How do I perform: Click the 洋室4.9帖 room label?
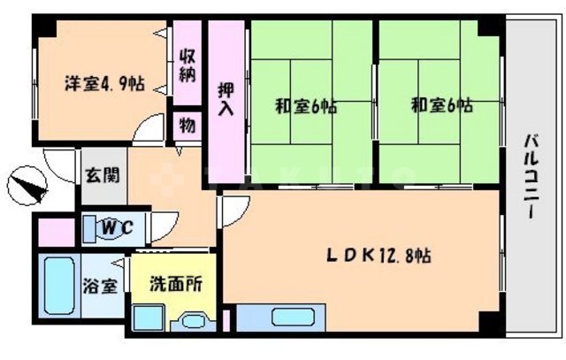[x=103, y=84]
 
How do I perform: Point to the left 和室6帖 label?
[x=305, y=107]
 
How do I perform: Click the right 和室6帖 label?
[x=441, y=107]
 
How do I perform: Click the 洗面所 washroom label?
[x=175, y=285]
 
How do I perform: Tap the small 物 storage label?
[x=187, y=124]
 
